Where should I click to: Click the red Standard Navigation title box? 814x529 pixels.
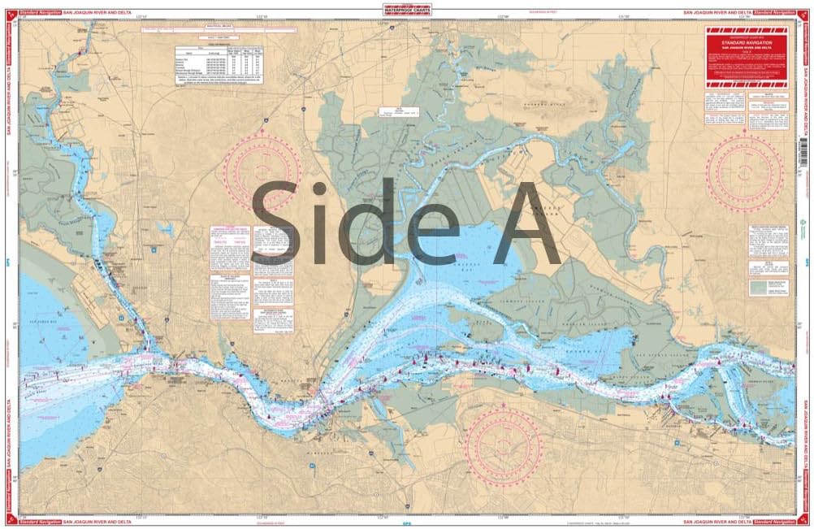746,58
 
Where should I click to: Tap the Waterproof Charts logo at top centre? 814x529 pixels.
406,11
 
